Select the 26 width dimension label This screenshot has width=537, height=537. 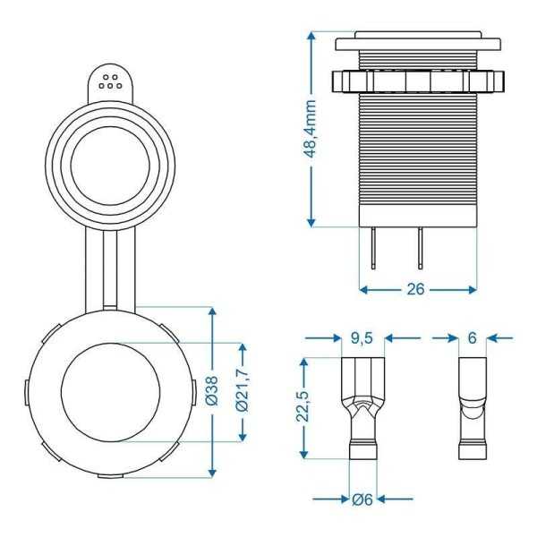(416, 289)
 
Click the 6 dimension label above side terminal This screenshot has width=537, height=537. (471, 338)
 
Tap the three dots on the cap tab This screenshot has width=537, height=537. (112, 82)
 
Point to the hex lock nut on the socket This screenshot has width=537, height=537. (416, 81)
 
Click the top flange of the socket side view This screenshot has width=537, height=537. (416, 42)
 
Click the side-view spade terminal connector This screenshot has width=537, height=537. (471, 407)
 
